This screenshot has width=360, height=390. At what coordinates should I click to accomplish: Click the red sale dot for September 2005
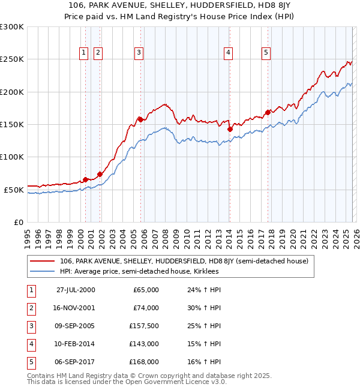click(140, 119)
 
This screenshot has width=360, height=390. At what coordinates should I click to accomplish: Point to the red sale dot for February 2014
click(230, 128)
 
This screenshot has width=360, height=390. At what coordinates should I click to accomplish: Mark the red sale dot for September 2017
click(268, 112)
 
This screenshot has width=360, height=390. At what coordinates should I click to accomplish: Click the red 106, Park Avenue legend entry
click(184, 261)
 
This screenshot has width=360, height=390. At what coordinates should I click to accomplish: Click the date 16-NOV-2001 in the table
click(76, 308)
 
